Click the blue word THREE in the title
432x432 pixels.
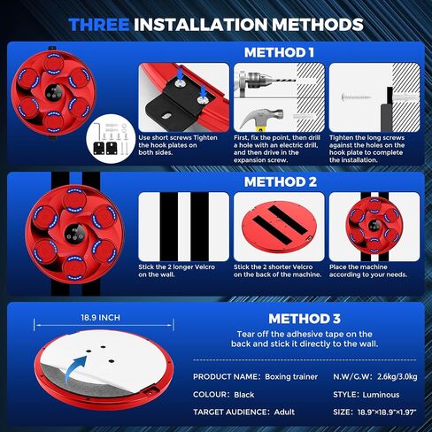click(x=99, y=25)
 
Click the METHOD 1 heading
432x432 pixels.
click(x=279, y=52)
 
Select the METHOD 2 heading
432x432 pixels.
click(x=281, y=181)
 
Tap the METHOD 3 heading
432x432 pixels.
click(x=305, y=319)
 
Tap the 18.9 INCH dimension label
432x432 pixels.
click(x=101, y=318)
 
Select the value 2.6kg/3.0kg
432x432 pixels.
click(x=397, y=377)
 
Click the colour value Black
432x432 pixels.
click(x=244, y=395)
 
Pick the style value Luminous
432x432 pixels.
click(x=381, y=395)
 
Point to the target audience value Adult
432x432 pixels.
click(x=284, y=413)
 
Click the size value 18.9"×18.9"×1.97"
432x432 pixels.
click(x=387, y=413)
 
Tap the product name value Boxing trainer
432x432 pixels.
click(x=291, y=377)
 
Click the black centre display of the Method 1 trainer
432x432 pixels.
click(x=54, y=93)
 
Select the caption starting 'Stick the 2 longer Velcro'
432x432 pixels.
click(x=177, y=271)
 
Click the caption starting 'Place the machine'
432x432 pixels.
click(x=368, y=271)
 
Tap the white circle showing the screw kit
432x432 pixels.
click(x=111, y=139)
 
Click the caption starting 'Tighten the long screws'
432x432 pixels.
click(x=366, y=149)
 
